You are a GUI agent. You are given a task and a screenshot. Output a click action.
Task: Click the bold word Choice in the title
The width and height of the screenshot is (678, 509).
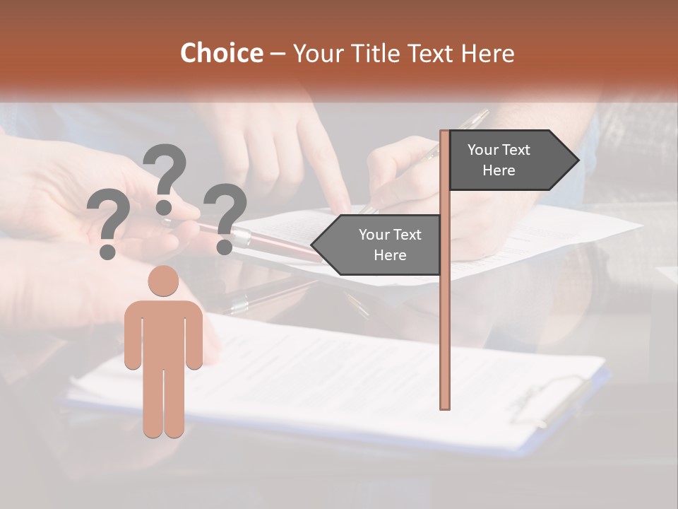tap(221, 53)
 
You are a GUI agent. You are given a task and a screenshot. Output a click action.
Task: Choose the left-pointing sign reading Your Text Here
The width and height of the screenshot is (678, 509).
tap(381, 245)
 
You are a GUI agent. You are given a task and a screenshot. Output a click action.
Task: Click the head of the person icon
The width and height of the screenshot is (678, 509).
tap(163, 281)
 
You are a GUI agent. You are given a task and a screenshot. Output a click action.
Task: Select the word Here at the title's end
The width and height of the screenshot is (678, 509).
tap(488, 53)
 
